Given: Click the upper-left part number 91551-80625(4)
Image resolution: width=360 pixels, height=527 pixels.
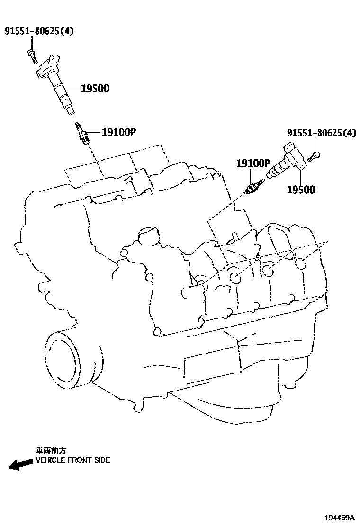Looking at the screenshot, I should [x=39, y=32].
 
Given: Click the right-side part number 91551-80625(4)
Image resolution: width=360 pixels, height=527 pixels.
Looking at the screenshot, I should [x=321, y=133].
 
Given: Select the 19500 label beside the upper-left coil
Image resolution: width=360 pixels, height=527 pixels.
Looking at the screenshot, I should [x=95, y=89].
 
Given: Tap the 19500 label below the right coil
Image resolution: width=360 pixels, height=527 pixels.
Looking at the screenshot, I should [x=301, y=190].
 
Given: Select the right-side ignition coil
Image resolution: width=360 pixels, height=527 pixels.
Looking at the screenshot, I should [x=287, y=164].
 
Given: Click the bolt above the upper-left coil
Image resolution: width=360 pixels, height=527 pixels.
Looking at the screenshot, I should [x=32, y=54].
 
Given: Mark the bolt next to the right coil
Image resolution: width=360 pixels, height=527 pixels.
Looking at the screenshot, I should [x=315, y=155].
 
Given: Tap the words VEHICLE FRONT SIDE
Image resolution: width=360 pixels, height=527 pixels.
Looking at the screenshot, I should [x=72, y=460].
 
